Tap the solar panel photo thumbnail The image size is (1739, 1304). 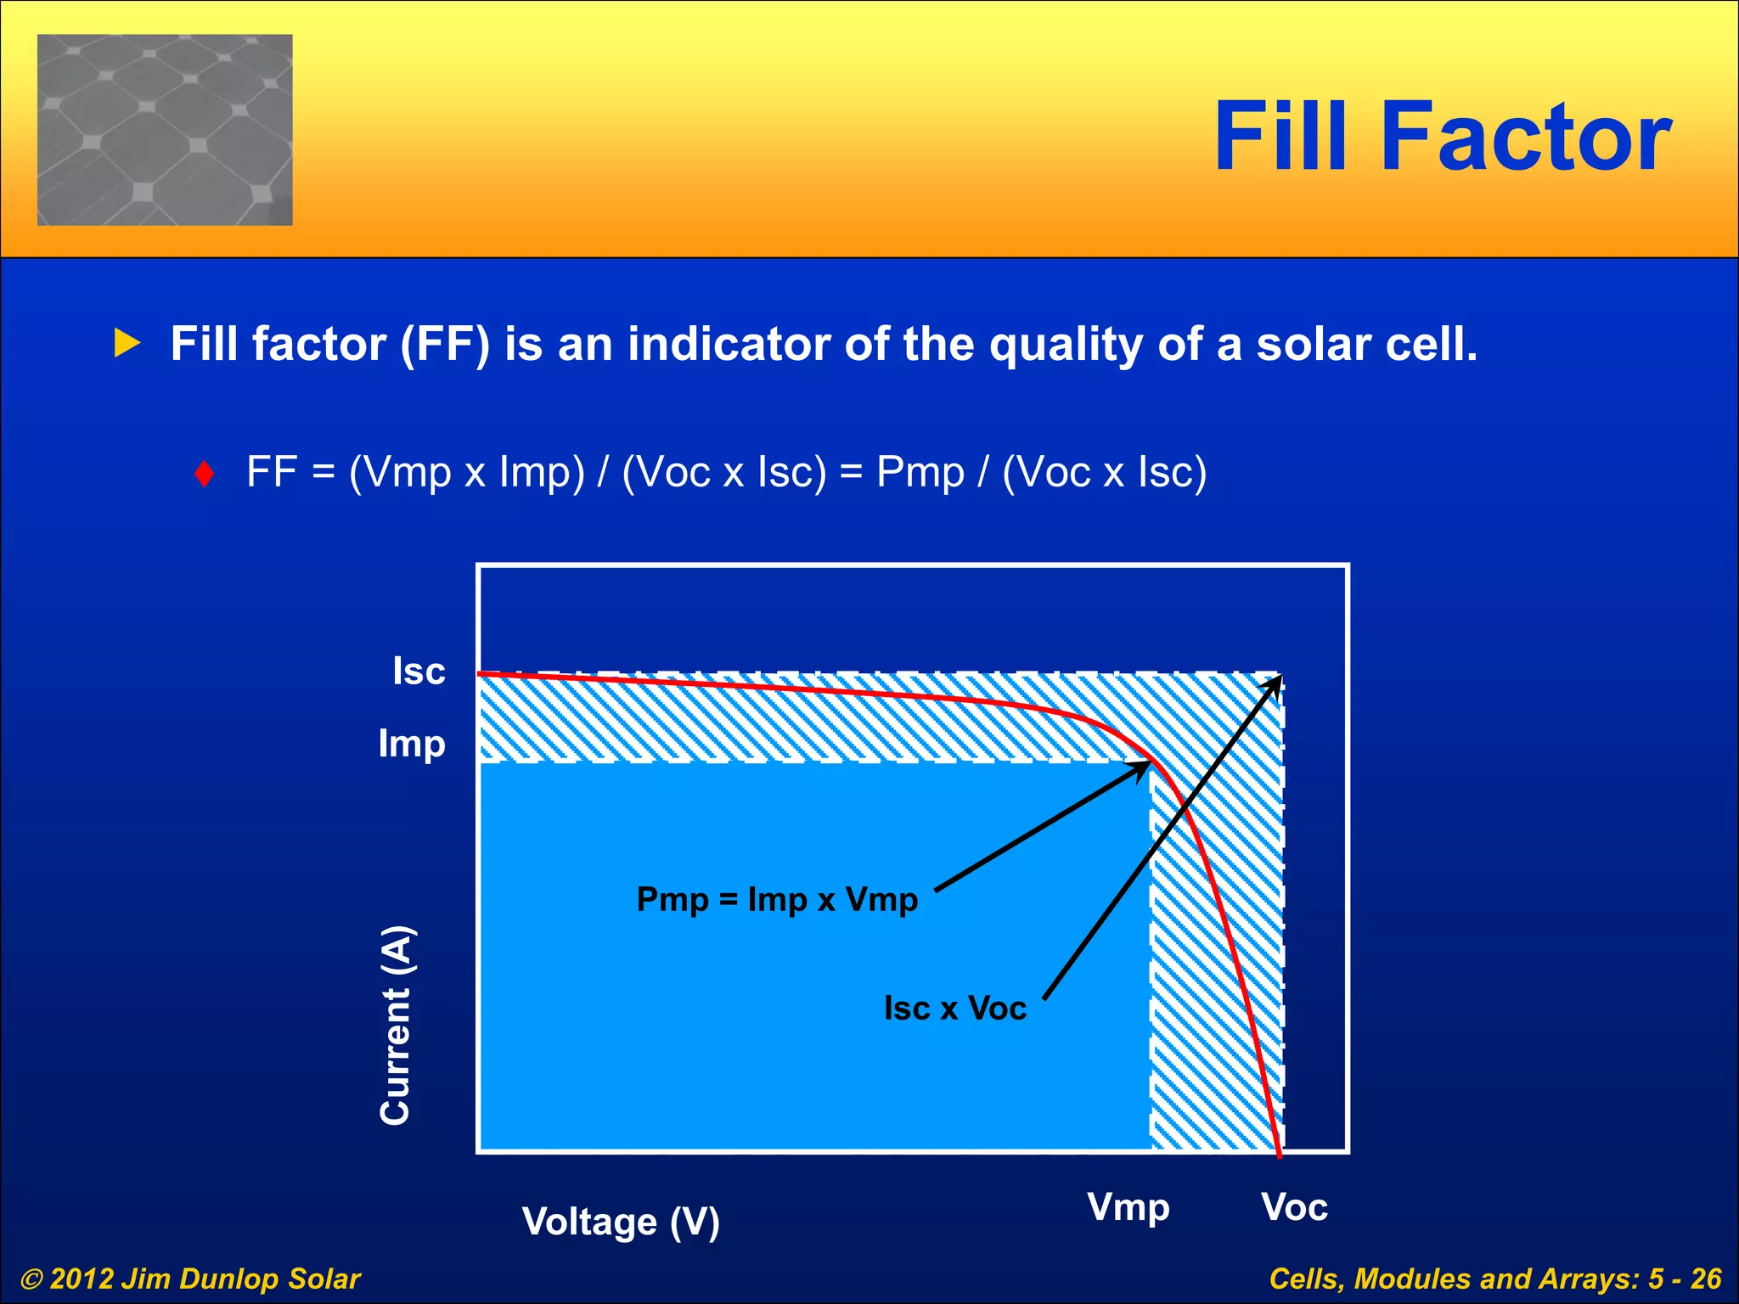(165, 130)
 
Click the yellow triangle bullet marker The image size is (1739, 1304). (127, 343)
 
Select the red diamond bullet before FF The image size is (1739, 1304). (204, 474)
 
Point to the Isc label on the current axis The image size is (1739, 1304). (419, 671)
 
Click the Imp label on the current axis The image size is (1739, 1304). (412, 744)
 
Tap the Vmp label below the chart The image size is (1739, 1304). (1128, 1207)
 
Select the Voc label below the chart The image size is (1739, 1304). (1293, 1207)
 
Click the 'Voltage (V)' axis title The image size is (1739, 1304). (621, 1222)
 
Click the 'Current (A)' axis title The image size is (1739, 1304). (396, 1026)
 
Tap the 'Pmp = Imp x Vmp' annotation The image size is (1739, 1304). (777, 899)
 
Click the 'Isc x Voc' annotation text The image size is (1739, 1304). (955, 1009)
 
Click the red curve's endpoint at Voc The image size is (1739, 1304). (1280, 1154)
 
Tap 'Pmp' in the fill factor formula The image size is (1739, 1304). (920, 472)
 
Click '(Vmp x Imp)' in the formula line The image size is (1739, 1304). (466, 472)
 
